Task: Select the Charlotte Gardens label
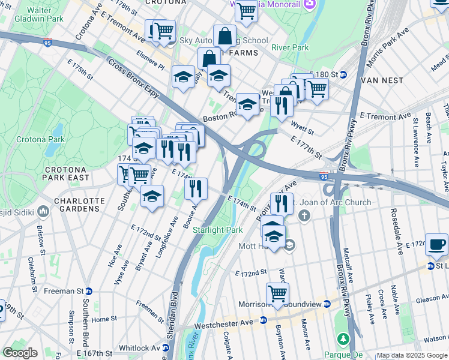(77, 205)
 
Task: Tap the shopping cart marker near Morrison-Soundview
(277, 294)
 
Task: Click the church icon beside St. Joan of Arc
(305, 215)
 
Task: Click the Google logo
(20, 353)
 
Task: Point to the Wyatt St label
(298, 125)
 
